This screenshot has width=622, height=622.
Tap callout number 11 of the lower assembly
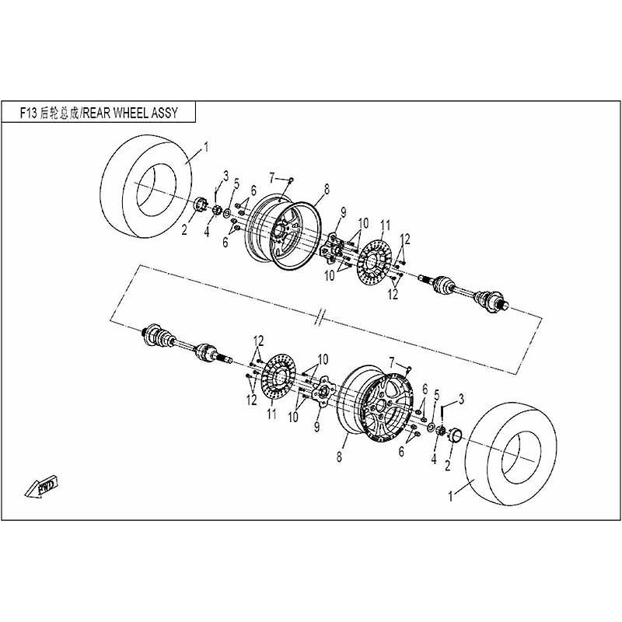point(271,415)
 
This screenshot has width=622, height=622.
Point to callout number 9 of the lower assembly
point(317,426)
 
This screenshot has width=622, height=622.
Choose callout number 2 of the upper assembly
point(184,229)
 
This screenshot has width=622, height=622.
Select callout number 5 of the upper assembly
point(236,183)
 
